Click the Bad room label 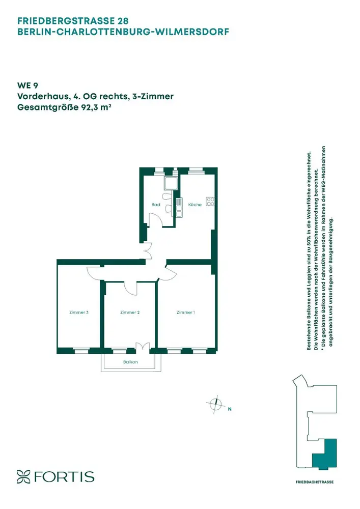tap(156, 205)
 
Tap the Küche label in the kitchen tap(195, 205)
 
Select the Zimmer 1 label tap(186, 313)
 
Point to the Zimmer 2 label tap(130, 313)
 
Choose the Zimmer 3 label tap(79, 313)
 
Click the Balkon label tap(130, 362)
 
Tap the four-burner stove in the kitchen tap(210, 202)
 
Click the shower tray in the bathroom tap(171, 183)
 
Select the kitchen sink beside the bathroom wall tap(179, 208)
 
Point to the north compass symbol tap(215, 405)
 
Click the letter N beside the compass tap(230, 409)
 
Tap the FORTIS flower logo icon tap(23, 476)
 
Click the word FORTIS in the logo tap(64, 477)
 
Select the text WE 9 tap(27, 86)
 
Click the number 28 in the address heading tap(123, 21)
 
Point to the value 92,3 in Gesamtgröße tap(88, 107)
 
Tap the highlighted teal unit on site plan tap(325, 454)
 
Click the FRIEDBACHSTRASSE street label tap(315, 482)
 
